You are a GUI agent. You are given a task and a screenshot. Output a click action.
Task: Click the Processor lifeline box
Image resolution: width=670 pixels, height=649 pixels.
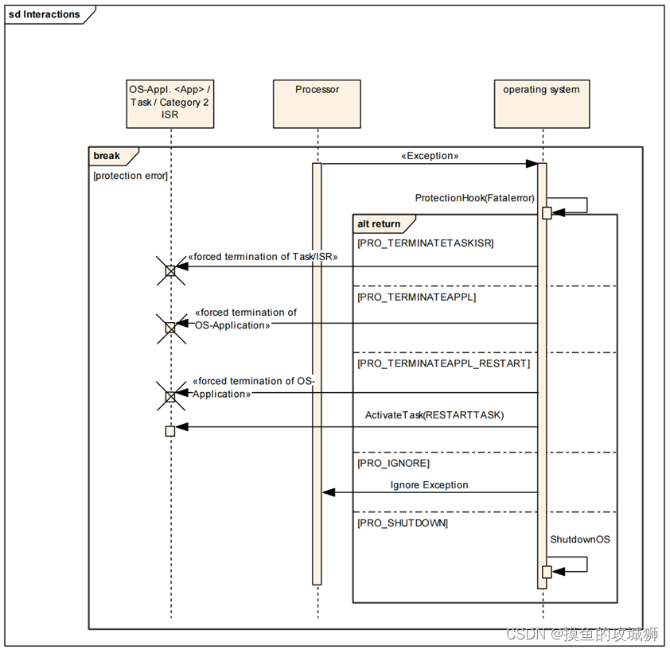pos(317,103)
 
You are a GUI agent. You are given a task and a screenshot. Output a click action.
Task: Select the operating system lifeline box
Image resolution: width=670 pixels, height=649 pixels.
pos(541,103)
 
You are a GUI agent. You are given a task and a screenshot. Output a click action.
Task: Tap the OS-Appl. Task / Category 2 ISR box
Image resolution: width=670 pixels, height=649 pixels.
pos(169,103)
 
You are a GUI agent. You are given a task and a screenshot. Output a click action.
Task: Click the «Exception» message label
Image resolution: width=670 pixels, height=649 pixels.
pos(430,156)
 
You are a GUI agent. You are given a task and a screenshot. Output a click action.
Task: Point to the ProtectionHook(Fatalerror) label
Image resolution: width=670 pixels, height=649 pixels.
pos(474,197)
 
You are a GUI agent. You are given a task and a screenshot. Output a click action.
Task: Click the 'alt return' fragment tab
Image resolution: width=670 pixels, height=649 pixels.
pos(380,223)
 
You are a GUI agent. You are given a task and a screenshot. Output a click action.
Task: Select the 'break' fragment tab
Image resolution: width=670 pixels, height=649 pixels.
pos(107,156)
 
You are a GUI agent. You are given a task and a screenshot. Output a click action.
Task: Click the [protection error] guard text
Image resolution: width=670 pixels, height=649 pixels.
pos(130,176)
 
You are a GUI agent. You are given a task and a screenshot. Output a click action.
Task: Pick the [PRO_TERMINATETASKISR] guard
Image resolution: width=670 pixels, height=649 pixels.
pos(425,243)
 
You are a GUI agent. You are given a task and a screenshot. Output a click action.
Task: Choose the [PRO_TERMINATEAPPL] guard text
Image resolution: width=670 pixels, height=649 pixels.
pos(417,297)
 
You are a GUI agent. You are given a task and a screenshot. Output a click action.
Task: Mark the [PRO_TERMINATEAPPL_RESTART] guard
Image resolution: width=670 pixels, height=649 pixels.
pos(443,363)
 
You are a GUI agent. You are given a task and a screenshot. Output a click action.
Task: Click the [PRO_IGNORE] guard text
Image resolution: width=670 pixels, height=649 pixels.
pos(393,463)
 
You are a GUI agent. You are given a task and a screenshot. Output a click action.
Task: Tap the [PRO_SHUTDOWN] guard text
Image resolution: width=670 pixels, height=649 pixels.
pos(403,523)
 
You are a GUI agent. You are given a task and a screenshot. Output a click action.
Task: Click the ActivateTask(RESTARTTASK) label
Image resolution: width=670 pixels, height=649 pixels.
pos(434,415)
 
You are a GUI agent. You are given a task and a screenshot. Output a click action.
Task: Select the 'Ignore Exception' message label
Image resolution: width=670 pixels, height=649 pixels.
pos(429,484)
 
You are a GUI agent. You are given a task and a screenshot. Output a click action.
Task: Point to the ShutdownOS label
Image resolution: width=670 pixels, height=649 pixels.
pos(579,539)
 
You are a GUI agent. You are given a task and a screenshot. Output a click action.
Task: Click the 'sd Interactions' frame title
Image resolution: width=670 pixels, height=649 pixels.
pos(45,14)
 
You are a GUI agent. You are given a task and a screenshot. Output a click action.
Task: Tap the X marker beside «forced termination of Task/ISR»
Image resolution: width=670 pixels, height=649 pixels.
pos(169,271)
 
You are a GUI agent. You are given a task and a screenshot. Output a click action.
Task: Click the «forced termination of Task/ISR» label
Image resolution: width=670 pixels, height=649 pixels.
pos(263,257)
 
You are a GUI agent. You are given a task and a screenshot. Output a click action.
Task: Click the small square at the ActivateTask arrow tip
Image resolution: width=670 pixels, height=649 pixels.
pos(169,431)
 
